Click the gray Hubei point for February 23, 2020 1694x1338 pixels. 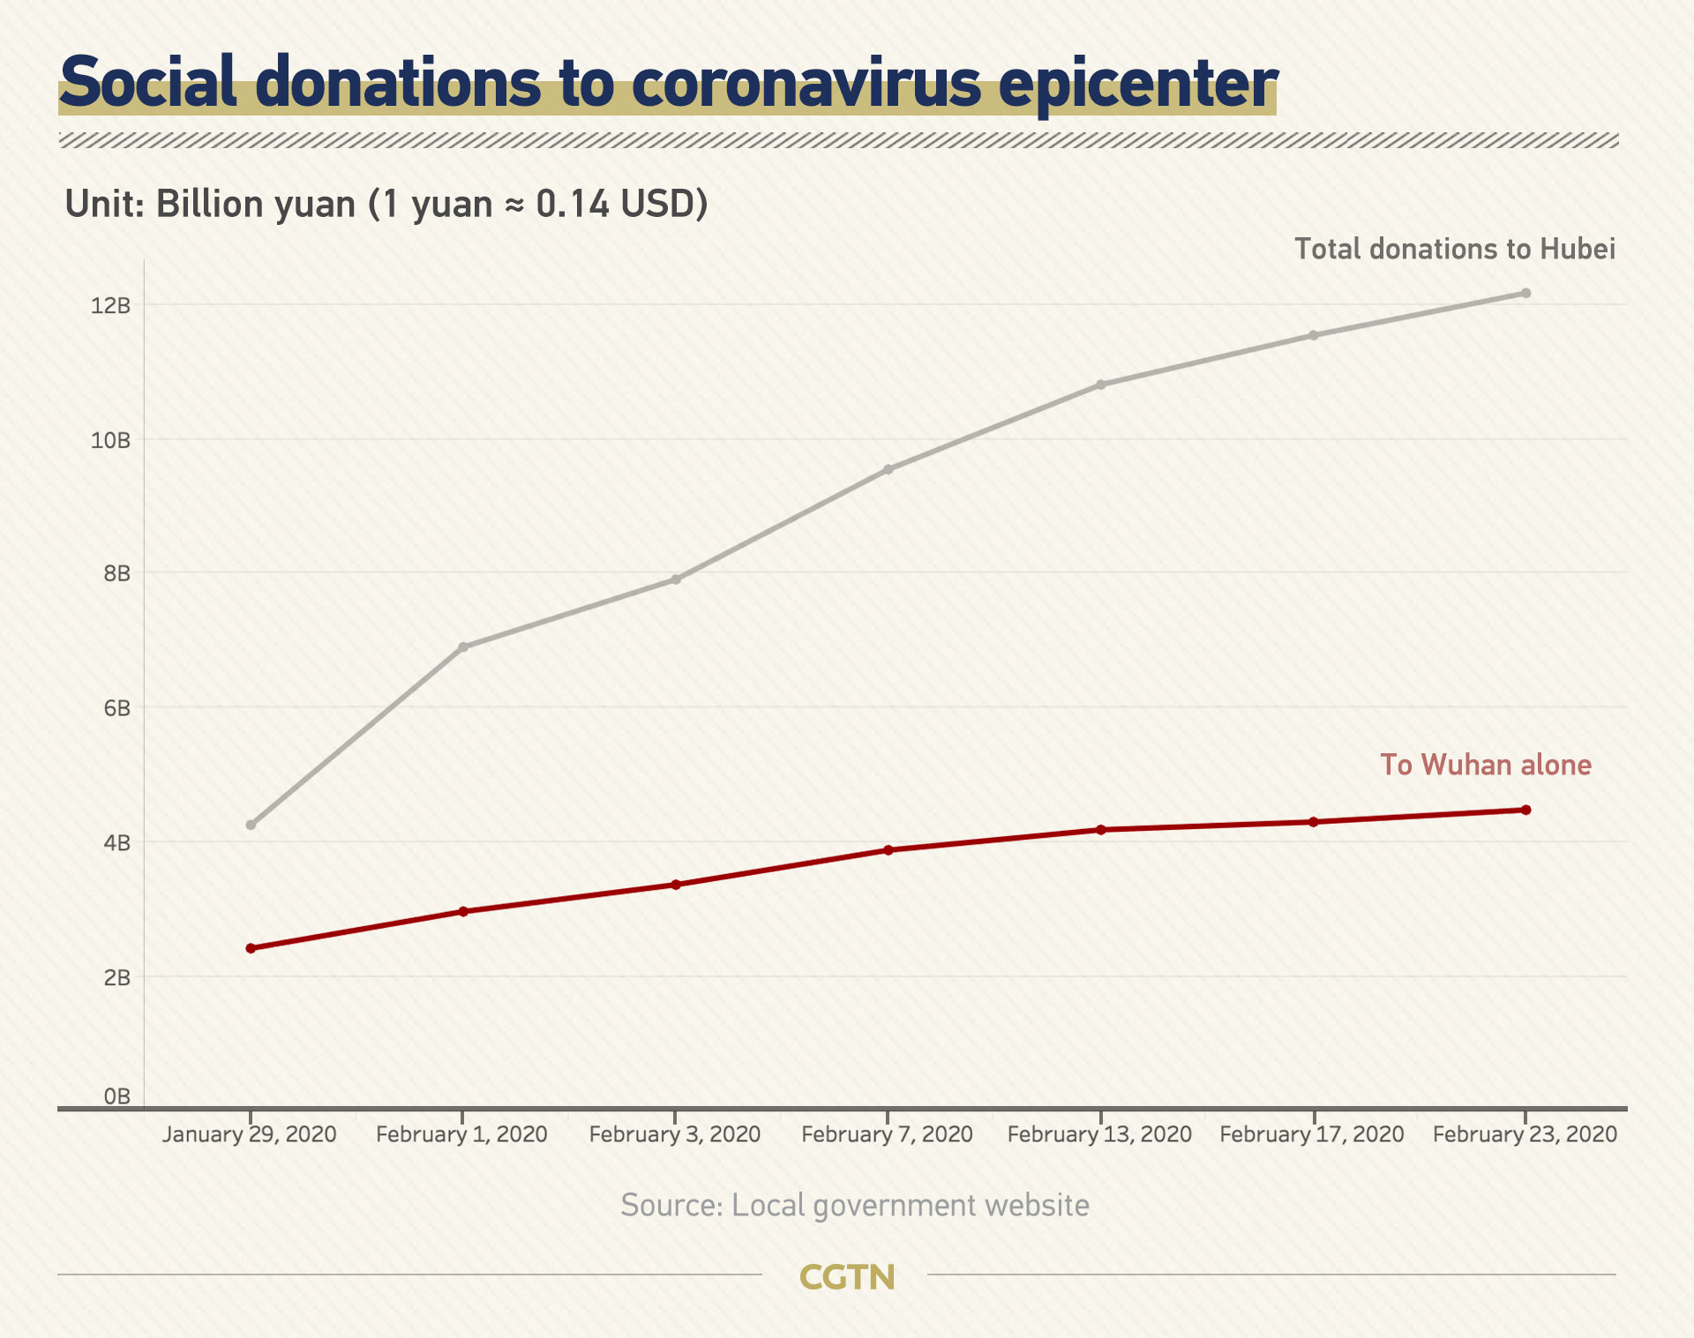1525,294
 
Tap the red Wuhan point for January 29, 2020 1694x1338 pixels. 251,948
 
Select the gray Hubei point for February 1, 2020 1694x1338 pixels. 463,647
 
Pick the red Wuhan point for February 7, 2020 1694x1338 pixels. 888,850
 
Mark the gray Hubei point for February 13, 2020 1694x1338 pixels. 1100,385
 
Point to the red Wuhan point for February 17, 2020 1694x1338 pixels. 1314,822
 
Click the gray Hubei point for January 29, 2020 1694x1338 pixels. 251,825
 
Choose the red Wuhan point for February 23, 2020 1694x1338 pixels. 1525,810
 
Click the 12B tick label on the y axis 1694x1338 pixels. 110,306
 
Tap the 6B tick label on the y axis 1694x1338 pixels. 116,708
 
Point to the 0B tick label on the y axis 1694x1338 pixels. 116,1096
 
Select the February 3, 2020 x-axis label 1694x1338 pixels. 675,1134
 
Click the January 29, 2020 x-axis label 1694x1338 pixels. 250,1134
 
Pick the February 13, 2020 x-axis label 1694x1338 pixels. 1099,1134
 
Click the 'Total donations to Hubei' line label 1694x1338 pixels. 1455,250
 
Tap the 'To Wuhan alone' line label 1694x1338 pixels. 1486,765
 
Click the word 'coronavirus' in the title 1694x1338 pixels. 806,83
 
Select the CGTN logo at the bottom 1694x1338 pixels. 847,1277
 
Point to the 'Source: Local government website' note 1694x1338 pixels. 854,1206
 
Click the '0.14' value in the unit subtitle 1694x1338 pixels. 573,205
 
